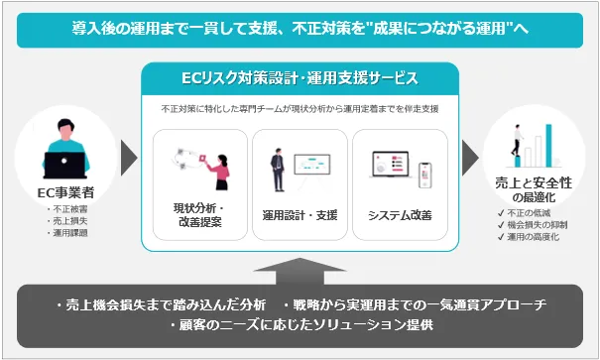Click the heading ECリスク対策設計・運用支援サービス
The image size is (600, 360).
(x=300, y=78)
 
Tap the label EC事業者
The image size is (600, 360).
(x=65, y=192)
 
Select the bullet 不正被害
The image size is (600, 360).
(x=67, y=209)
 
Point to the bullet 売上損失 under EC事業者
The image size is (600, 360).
(x=67, y=221)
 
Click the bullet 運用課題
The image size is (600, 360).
(x=67, y=233)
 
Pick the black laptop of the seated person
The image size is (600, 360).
(x=64, y=165)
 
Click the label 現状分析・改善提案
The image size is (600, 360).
(x=199, y=215)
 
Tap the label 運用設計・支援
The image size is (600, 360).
(x=300, y=215)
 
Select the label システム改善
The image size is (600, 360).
(x=400, y=215)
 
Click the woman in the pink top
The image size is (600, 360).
(x=219, y=173)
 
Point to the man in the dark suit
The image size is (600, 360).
(x=278, y=170)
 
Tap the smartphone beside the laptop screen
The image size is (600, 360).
(x=424, y=176)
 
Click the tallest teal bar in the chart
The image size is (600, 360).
(x=548, y=146)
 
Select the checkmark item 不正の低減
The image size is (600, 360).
(x=525, y=213)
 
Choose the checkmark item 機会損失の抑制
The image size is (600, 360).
(x=533, y=225)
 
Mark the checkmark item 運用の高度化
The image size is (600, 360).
(x=529, y=237)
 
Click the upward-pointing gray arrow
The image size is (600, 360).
(x=300, y=272)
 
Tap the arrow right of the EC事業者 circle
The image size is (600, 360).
(x=129, y=158)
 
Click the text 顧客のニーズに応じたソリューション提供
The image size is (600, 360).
(x=301, y=325)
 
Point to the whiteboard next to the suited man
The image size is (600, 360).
(x=311, y=166)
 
